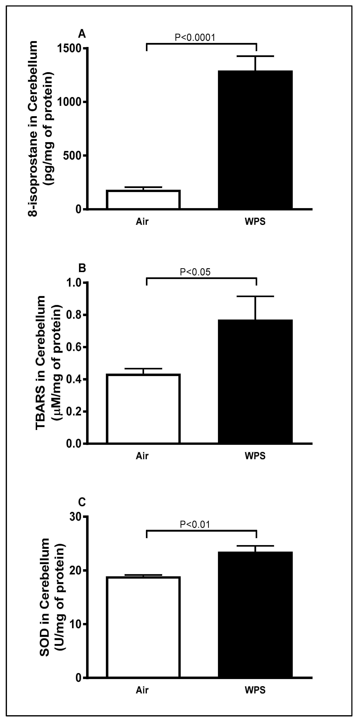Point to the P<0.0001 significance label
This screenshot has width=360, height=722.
(x=195, y=37)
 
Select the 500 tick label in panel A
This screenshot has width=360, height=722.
(x=72, y=156)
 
